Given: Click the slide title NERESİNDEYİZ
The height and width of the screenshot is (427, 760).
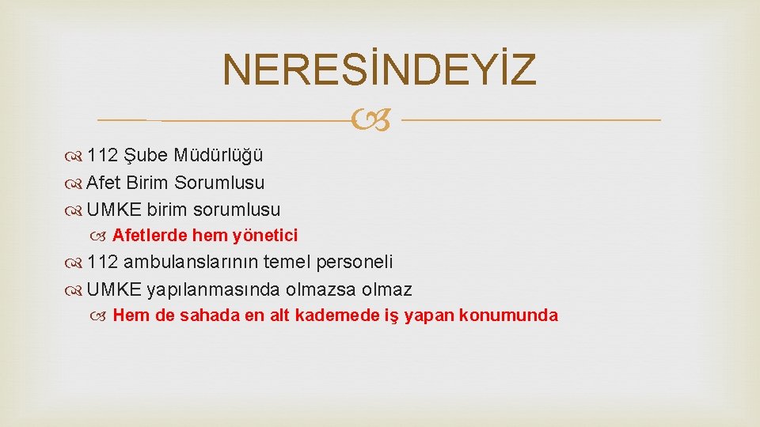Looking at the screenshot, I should pos(379,70).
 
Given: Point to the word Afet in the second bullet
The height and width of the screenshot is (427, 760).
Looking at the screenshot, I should pos(103,183).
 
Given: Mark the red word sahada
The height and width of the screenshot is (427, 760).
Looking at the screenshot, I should pos(206,316).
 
